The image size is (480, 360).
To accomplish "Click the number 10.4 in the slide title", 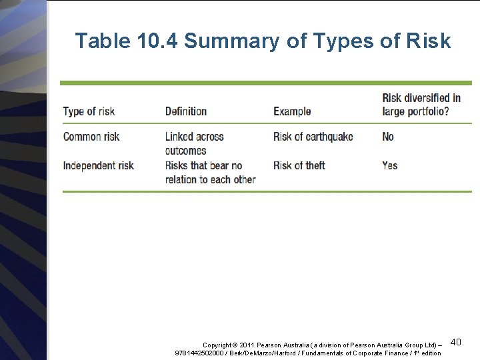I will coord(157,41).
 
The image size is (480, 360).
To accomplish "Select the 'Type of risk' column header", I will coord(89,111).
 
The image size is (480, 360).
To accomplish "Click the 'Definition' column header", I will coord(186,111).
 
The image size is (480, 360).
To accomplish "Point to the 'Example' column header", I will coord(292,111).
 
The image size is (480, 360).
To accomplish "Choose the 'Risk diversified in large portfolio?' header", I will coord(421,105).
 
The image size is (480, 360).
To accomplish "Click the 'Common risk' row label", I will coord(91,137).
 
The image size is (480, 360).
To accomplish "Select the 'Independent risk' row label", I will coord(98,165).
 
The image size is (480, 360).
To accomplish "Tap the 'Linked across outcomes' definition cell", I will coord(194,143).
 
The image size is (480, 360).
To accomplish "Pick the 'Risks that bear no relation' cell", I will coord(210,172).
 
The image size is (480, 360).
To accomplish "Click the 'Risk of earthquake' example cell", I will coord(313,137).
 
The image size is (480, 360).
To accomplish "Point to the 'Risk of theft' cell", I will coord(299,165).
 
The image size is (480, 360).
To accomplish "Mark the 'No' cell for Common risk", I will coord(388,137).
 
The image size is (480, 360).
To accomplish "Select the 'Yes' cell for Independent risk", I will coord(390,165).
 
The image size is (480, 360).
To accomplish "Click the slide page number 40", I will coord(456,342).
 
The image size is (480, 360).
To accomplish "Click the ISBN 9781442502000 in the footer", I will coord(197,353).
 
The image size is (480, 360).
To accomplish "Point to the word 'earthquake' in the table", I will coord(329,137).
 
